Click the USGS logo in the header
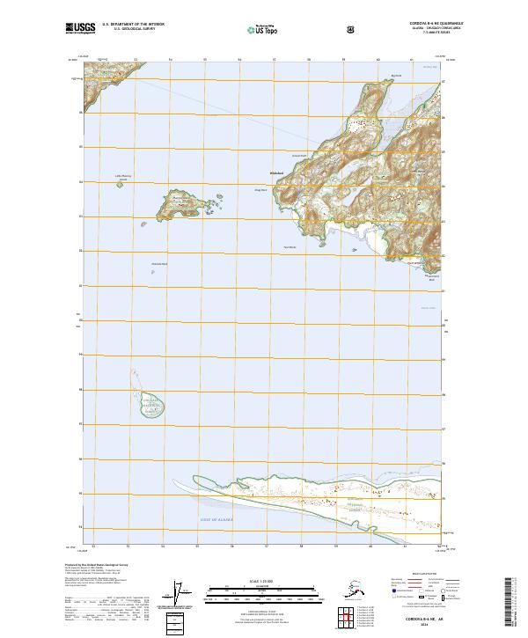(x=78, y=28)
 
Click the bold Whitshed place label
(x=276, y=172)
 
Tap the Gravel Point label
(x=298, y=156)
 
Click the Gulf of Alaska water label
(x=207, y=522)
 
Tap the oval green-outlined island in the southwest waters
(x=150, y=405)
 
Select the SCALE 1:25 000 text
(x=263, y=580)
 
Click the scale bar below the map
(x=263, y=589)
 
